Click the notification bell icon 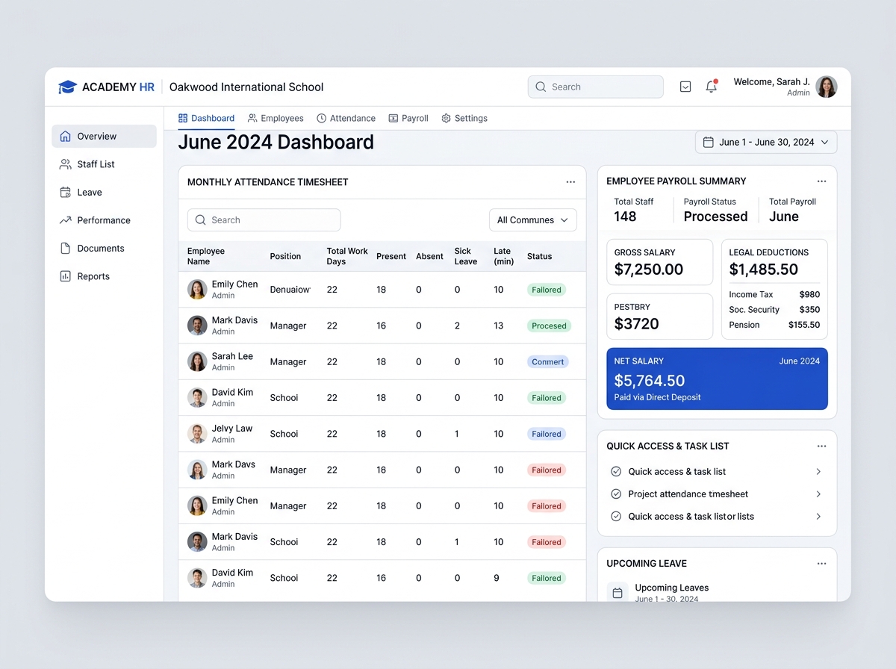(x=711, y=87)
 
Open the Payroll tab (x=408, y=119)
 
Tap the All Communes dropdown (x=532, y=220)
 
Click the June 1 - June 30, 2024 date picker (x=766, y=142)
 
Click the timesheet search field (x=264, y=220)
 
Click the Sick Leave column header (x=466, y=256)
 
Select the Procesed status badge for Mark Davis (x=549, y=326)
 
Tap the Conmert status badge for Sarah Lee (x=547, y=361)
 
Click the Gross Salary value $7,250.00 (x=648, y=270)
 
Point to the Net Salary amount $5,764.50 (x=649, y=381)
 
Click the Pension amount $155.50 (x=803, y=325)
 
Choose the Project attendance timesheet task (x=688, y=494)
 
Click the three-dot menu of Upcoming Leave (x=821, y=564)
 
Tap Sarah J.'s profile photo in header (x=827, y=87)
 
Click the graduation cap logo (x=67, y=87)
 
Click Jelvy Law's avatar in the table (x=197, y=434)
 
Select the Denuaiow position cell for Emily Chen (x=290, y=290)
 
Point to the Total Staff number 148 (x=625, y=217)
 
